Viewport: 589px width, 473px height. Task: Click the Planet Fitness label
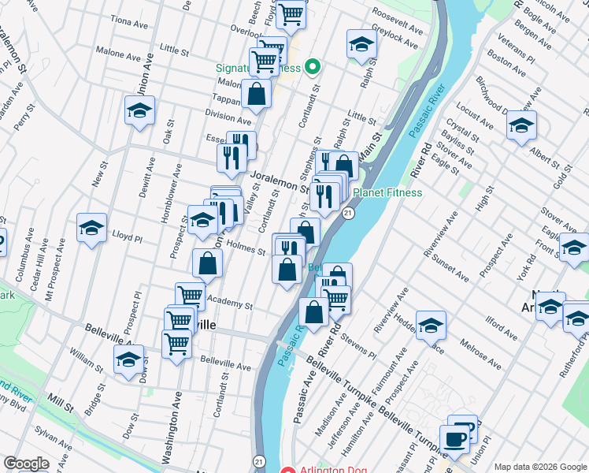[x=387, y=192]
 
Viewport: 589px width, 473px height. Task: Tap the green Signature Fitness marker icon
[x=312, y=67]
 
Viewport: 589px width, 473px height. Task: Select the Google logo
[x=25, y=463]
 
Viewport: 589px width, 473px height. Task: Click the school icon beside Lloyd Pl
[x=91, y=228]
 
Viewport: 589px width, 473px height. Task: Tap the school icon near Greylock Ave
[x=361, y=43]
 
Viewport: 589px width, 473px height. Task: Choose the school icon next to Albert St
[x=521, y=125]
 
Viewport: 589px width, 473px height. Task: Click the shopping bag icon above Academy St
[x=206, y=263]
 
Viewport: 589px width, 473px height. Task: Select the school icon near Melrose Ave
[x=431, y=325]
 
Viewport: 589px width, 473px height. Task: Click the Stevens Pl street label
[x=358, y=347]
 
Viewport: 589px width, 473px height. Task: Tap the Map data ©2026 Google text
[x=540, y=466]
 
